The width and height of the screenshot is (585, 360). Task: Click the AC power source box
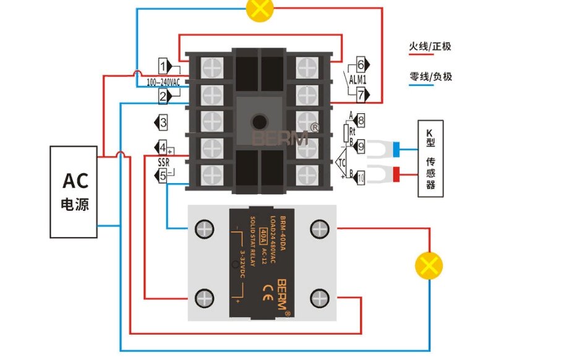point(74,192)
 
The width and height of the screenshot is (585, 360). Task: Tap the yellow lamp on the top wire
point(260,8)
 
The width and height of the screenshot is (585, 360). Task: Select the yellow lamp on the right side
point(428,265)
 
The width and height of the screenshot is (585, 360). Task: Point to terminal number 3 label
point(163,122)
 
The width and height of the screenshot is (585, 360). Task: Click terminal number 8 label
point(361,121)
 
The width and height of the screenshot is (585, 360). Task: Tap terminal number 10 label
point(360,178)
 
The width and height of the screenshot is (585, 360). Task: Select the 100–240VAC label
point(163,82)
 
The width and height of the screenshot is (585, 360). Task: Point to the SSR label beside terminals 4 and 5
point(163,162)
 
